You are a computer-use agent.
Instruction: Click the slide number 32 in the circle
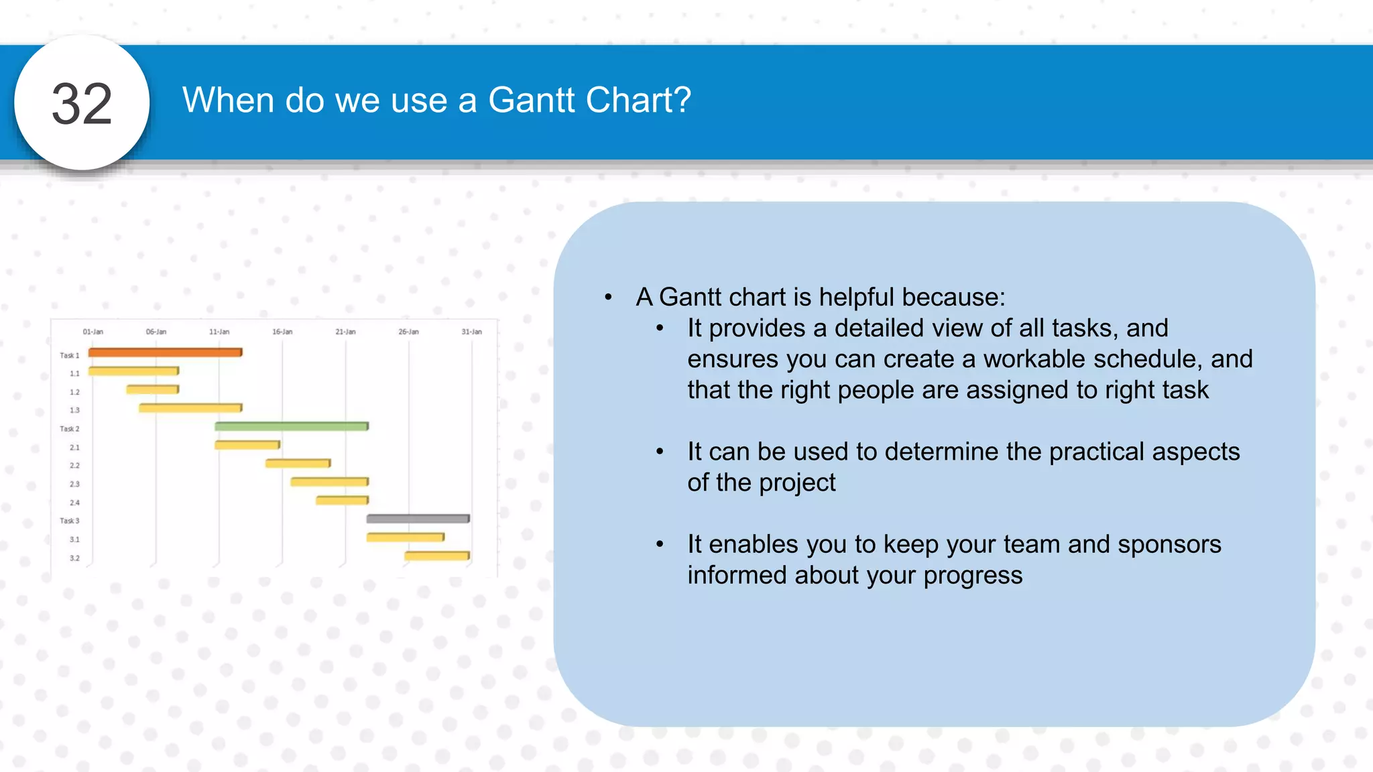[82, 104]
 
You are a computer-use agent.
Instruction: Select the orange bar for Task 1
[165, 352]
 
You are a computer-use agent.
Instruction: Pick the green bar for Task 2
[291, 426]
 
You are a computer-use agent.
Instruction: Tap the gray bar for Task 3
[418, 519]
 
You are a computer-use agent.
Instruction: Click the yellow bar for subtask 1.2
[152, 389]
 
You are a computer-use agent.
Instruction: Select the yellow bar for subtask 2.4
[342, 501]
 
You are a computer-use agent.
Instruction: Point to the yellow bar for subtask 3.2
[436, 556]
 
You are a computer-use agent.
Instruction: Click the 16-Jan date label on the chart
[282, 332]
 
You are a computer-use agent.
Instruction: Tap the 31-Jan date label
[471, 332]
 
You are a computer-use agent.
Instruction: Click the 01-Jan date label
[93, 332]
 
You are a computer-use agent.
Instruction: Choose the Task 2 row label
[69, 429]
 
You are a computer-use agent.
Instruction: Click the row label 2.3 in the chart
[74, 484]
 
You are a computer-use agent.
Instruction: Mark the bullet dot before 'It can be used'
[660, 452]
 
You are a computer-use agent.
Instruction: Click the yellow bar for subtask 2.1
[247, 445]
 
